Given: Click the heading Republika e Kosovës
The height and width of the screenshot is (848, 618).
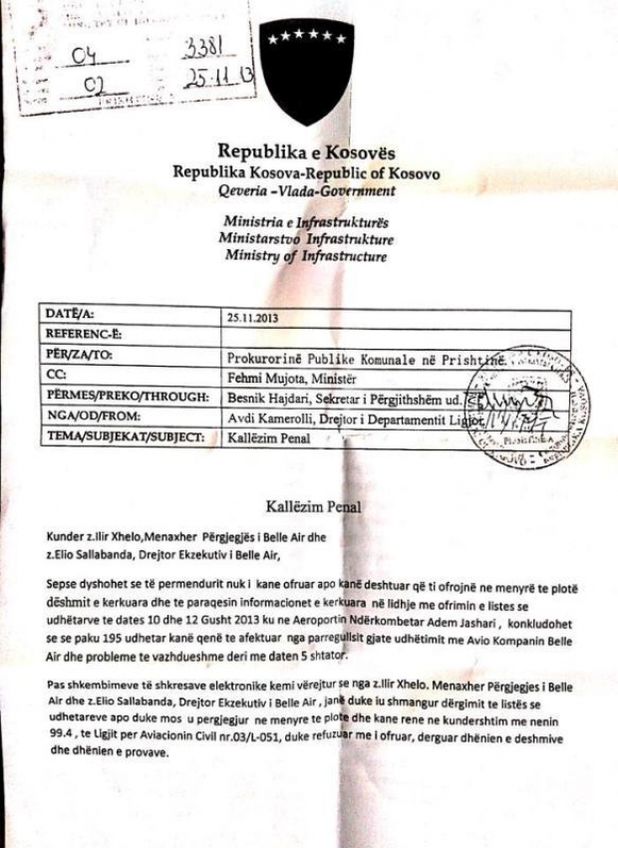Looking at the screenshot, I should tap(306, 153).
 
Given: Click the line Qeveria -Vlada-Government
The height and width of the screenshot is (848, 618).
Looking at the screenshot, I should tap(306, 194).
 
